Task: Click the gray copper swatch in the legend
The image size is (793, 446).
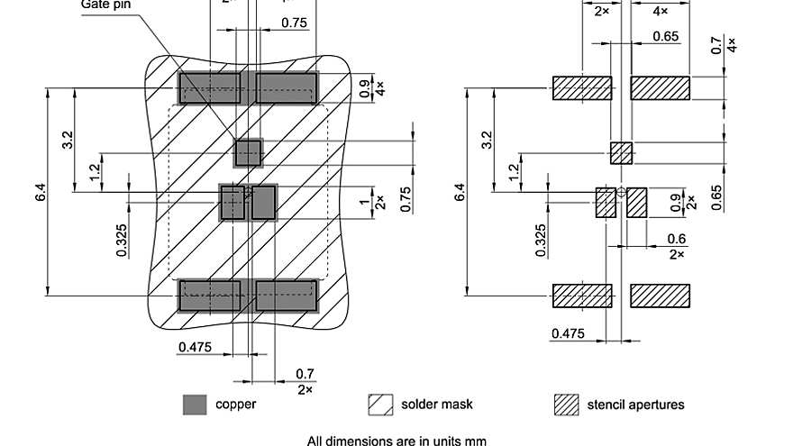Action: pyautogui.click(x=194, y=405)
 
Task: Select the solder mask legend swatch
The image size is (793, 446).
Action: pyautogui.click(x=380, y=405)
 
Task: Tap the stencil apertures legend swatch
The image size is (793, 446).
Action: pyautogui.click(x=566, y=405)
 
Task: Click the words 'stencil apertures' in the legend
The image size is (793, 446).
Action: pyautogui.click(x=635, y=405)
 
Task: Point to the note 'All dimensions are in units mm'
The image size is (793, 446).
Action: pyautogui.click(x=396, y=441)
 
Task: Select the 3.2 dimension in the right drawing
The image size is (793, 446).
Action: pyautogui.click(x=488, y=140)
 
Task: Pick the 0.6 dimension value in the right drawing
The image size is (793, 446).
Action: pyautogui.click(x=676, y=239)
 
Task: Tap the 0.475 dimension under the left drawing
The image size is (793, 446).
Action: pyautogui.click(x=195, y=347)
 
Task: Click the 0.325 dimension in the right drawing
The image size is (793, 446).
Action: pyautogui.click(x=542, y=240)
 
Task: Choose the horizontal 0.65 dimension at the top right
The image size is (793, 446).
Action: pyautogui.click(x=665, y=36)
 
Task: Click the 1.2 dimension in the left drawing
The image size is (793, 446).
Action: pyautogui.click(x=96, y=171)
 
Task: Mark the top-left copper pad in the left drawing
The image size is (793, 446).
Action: pyautogui.click(x=209, y=87)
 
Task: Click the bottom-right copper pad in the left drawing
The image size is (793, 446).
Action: pyautogui.click(x=287, y=296)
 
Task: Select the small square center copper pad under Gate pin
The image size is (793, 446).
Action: pyautogui.click(x=248, y=152)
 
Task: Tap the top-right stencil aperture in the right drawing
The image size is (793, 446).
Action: pyautogui.click(x=660, y=87)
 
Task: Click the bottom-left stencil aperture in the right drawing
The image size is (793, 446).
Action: pyautogui.click(x=581, y=296)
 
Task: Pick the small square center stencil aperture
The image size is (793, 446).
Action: pyautogui.click(x=622, y=153)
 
